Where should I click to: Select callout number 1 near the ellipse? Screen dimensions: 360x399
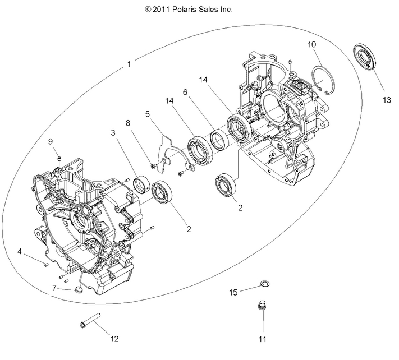click(x=129, y=64)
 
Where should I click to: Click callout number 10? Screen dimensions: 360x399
click(x=311, y=44)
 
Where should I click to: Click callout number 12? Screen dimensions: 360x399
click(x=114, y=339)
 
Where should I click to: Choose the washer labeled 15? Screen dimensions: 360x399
click(x=264, y=281)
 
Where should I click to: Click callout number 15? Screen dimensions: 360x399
click(x=233, y=292)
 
